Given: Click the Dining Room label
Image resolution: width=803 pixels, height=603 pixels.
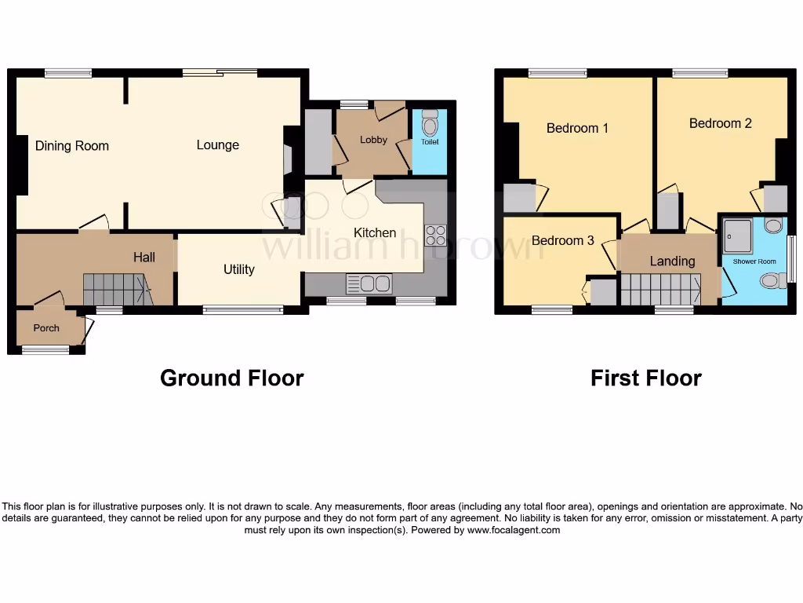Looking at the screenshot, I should [71, 145].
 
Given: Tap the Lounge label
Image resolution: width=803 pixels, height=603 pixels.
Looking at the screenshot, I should [217, 144].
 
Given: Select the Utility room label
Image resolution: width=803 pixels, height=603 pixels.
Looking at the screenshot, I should [238, 269].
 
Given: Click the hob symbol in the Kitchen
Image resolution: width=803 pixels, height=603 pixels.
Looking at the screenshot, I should [435, 236].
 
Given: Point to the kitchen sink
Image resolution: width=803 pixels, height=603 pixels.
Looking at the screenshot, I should [369, 283].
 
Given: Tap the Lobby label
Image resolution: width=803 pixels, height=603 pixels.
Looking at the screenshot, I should [373, 140].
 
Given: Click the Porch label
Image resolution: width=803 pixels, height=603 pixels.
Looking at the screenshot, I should [46, 328].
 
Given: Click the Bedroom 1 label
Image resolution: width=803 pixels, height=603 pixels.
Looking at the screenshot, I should [577, 128].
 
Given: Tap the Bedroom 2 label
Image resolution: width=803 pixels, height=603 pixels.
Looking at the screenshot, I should [720, 123].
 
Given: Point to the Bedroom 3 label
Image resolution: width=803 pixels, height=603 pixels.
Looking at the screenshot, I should [562, 240].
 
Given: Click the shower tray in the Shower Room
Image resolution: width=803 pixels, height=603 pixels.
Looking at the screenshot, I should [738, 235].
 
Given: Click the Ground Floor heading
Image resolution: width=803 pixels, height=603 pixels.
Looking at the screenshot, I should [231, 378].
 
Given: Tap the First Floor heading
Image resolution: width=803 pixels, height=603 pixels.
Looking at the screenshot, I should [645, 378].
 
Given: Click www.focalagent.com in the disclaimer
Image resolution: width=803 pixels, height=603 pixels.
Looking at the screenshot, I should [514, 530].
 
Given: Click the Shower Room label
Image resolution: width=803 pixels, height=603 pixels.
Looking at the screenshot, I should [754, 261].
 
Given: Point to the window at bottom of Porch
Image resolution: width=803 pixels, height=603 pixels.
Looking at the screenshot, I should [45, 350].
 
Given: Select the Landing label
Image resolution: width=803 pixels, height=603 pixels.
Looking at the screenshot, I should [672, 261].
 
